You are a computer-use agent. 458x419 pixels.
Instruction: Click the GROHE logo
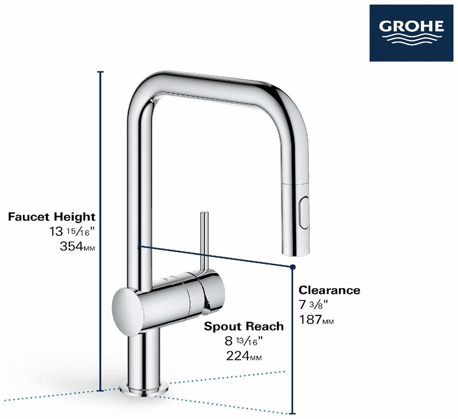coord(411,33)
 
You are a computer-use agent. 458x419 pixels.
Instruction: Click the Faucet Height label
coord(52,217)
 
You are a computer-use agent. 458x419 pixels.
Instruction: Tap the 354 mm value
coord(78,247)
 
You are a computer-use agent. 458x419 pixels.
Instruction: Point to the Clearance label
coord(329,290)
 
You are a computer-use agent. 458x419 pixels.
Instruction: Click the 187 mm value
coord(316,320)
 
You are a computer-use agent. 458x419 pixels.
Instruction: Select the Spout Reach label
coord(243,326)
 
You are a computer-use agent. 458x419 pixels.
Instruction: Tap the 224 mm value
coord(243,356)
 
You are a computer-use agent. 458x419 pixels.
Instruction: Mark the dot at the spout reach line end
coord(293,267)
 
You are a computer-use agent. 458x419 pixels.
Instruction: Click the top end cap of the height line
coord(101,72)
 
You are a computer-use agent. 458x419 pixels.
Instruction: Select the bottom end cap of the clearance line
coord(293,413)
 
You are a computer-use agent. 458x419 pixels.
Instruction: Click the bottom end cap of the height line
coord(101,391)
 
